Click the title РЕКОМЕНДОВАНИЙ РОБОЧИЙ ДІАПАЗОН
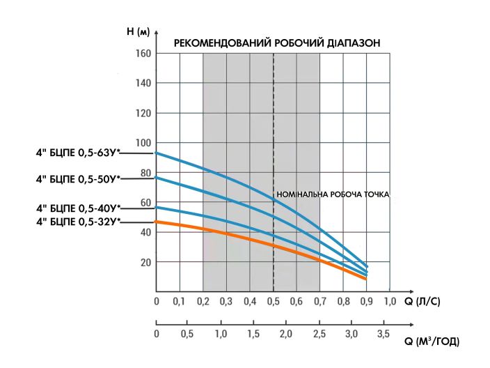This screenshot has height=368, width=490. click(x=276, y=43)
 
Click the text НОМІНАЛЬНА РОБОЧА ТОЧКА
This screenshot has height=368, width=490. click(x=333, y=195)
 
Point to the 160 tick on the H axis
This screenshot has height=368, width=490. click(x=143, y=53)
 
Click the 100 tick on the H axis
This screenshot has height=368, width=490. click(x=143, y=143)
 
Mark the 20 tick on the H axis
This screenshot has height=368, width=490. click(x=145, y=263)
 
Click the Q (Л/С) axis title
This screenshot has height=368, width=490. click(x=422, y=302)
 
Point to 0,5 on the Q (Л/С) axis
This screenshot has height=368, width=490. click(x=273, y=302)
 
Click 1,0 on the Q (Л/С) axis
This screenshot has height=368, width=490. click(x=389, y=302)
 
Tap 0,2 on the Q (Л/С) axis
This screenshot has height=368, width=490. click(x=203, y=302)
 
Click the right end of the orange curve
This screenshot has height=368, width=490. click(x=365, y=279)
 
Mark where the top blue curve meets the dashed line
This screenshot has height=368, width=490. click(x=274, y=200)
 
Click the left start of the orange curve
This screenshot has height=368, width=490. click(x=157, y=221)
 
